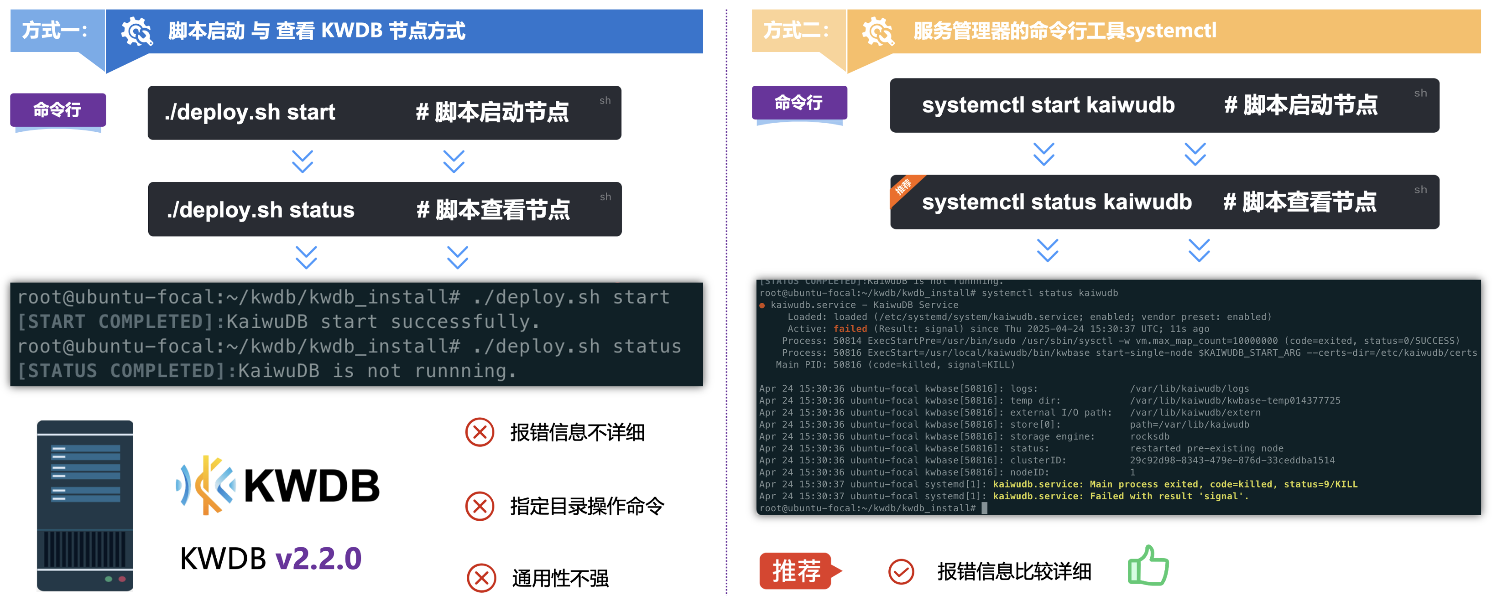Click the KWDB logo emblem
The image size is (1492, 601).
tap(206, 485)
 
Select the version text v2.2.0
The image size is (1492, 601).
tap(318, 559)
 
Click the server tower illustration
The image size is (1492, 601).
tap(85, 505)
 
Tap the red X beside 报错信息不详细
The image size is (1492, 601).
tap(480, 432)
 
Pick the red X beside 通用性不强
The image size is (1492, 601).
tap(481, 578)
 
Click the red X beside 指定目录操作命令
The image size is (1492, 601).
tap(480, 506)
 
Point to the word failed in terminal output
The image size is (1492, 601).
tap(850, 329)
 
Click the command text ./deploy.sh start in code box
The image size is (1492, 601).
tap(250, 112)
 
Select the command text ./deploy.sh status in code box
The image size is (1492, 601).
tap(260, 210)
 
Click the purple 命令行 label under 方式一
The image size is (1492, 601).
tap(57, 109)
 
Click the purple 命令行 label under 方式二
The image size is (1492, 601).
tap(799, 103)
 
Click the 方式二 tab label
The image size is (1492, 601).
tap(796, 30)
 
